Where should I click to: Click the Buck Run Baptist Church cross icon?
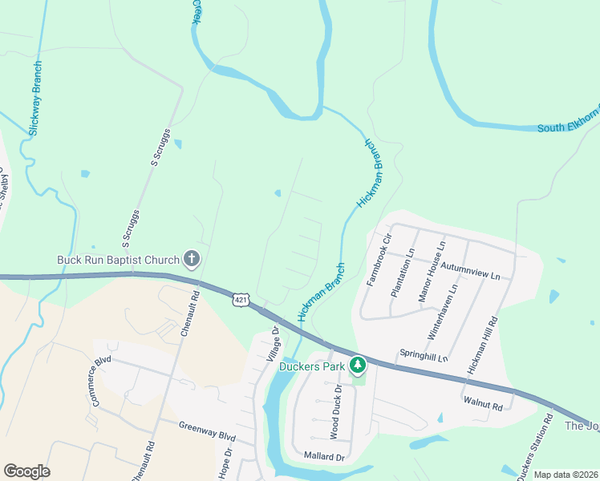[x=191, y=259]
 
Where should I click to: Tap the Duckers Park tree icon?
[x=358, y=366]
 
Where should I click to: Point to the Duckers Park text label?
[x=312, y=367]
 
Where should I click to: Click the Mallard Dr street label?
[x=323, y=457]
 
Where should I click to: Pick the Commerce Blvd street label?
[x=100, y=382]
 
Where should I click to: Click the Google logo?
[x=27, y=471]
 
